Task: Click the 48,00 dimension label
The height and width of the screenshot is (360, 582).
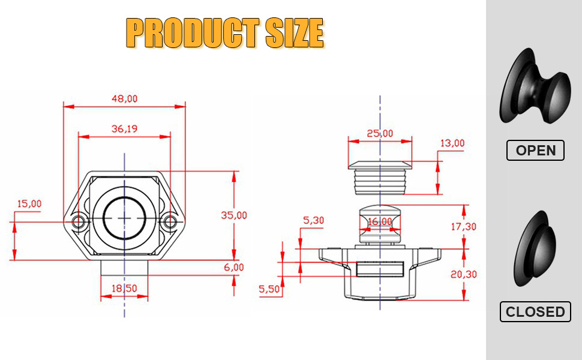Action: [124, 99]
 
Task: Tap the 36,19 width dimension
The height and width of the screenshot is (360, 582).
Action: [124, 129]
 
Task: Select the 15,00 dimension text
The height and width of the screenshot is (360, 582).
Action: [29, 204]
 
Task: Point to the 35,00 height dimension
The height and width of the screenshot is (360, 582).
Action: [234, 215]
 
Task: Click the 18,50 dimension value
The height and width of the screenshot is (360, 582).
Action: [124, 289]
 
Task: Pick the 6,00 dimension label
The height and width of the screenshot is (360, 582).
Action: [234, 267]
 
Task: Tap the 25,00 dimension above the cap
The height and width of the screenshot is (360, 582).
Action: [380, 133]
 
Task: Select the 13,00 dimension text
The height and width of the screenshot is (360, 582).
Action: [452, 143]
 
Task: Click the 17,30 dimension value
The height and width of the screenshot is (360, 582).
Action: [463, 226]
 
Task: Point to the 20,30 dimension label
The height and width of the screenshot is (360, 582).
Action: [464, 274]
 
